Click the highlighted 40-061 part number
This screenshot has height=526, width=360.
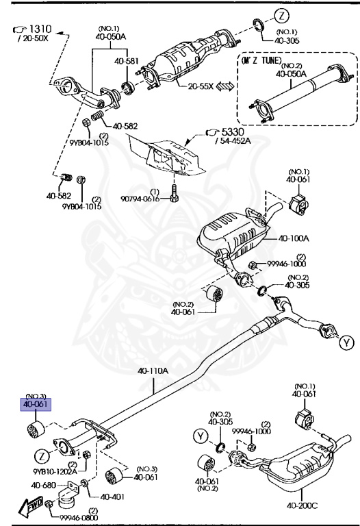click(x=36, y=405)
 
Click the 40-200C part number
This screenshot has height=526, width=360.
click(x=302, y=505)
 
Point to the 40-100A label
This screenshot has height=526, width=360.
click(x=294, y=238)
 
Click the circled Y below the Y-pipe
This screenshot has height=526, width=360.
click(x=346, y=342)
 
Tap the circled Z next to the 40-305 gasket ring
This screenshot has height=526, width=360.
click(x=281, y=16)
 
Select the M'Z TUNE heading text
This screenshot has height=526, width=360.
click(x=261, y=60)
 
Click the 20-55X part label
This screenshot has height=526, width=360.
click(x=201, y=86)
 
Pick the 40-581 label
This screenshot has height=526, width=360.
click(x=127, y=62)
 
